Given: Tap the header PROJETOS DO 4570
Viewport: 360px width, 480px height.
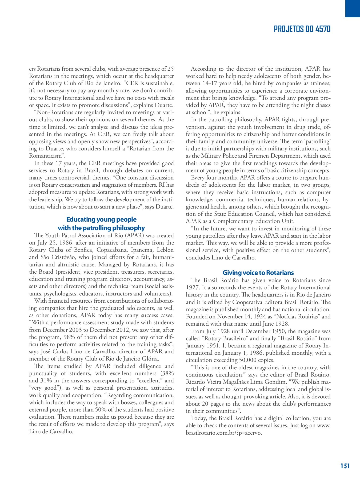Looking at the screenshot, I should click(302, 29).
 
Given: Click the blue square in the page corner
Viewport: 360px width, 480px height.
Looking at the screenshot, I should click(353, 9).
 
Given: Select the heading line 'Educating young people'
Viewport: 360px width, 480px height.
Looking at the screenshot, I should click(101, 219).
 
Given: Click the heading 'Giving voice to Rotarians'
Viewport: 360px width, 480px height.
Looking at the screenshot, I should click(258, 273).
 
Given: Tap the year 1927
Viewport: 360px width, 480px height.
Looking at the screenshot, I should click(192, 287).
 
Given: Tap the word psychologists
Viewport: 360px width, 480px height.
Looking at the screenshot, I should click(60, 294).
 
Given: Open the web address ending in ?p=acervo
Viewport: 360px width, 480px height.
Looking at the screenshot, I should click(224, 433).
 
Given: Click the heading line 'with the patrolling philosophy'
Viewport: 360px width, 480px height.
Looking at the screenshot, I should click(101, 228).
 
